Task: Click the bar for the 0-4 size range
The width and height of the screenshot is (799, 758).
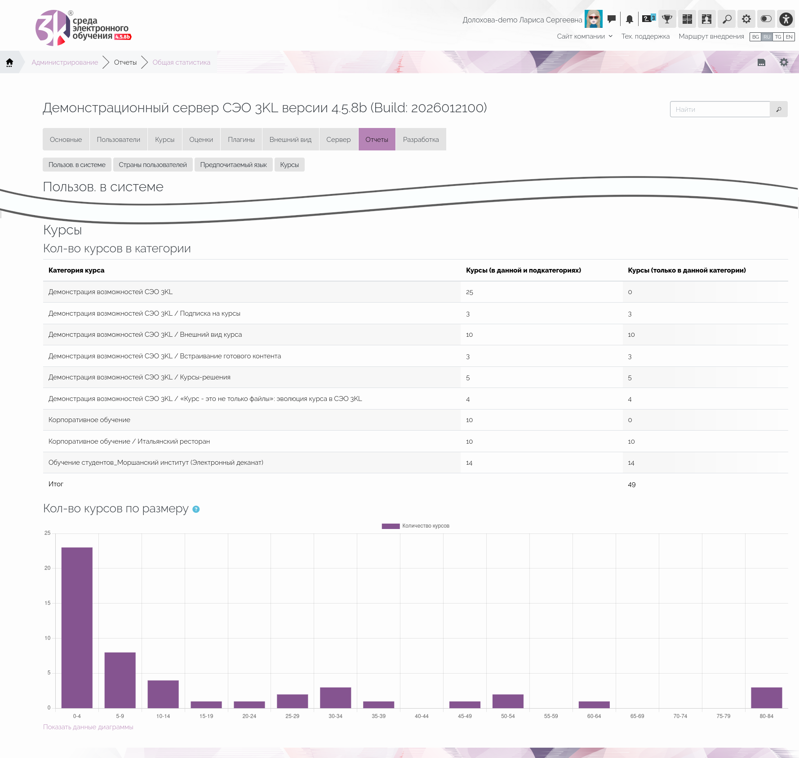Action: click(x=77, y=627)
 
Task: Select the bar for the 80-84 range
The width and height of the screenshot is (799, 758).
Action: click(x=766, y=697)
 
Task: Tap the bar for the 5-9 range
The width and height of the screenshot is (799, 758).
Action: click(x=120, y=680)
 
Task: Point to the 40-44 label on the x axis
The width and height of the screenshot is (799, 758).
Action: click(x=422, y=716)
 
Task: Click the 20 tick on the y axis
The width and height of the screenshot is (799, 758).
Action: click(x=47, y=568)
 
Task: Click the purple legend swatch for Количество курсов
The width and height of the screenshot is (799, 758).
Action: click(x=391, y=526)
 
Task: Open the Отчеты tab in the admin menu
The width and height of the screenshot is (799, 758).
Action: click(x=377, y=139)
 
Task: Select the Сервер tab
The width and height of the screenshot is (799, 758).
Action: click(x=338, y=139)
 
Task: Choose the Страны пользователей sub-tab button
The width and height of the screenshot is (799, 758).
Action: click(x=153, y=165)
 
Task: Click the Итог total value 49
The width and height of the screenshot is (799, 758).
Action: click(x=631, y=485)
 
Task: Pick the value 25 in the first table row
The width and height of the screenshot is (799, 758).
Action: click(x=469, y=292)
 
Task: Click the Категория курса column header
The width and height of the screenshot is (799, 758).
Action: click(x=76, y=270)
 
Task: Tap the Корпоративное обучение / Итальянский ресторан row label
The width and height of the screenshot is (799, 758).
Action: click(x=129, y=441)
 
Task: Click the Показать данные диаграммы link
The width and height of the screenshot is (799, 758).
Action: click(x=88, y=727)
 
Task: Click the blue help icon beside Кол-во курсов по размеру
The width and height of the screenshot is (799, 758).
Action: click(x=196, y=509)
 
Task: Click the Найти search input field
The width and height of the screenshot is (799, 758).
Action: click(x=720, y=109)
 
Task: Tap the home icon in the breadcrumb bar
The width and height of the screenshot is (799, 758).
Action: click(x=9, y=62)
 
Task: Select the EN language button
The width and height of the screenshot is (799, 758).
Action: click(x=789, y=37)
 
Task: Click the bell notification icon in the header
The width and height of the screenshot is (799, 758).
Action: click(x=630, y=19)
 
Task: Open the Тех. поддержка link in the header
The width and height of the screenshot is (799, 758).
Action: click(x=645, y=36)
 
